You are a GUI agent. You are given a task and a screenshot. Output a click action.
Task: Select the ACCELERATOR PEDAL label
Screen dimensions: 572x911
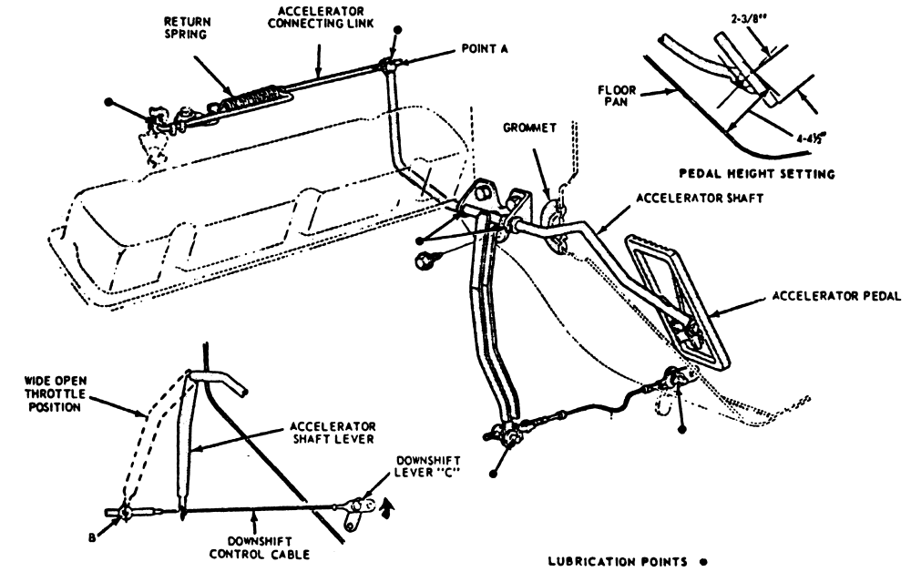tap(835, 296)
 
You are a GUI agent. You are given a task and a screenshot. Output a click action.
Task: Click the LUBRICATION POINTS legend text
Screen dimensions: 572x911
tap(613, 561)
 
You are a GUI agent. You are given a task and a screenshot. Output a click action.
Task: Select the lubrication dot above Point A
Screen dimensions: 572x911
tap(394, 28)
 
